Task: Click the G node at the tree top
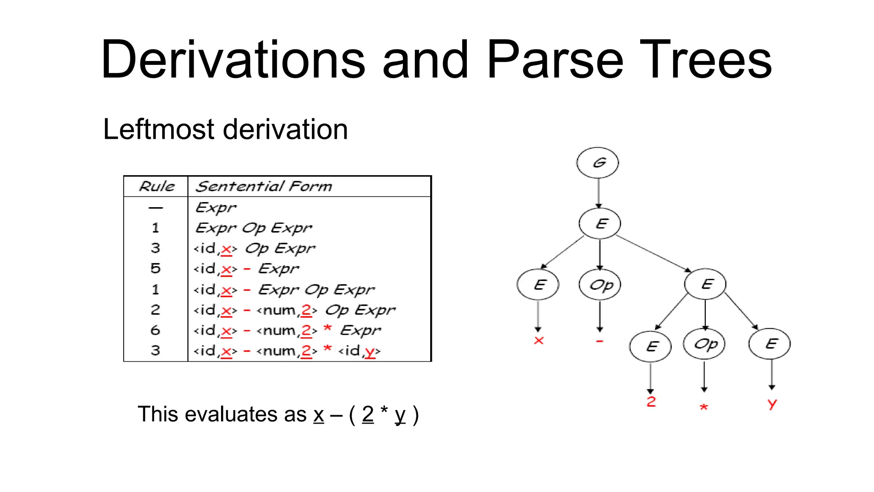point(597,163)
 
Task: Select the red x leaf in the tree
point(539,340)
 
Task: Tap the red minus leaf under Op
point(600,341)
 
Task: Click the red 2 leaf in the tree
point(651,401)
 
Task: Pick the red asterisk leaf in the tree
point(704,407)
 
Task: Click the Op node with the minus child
point(600,284)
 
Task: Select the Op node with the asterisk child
point(704,344)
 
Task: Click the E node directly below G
point(600,223)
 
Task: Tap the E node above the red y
point(769,344)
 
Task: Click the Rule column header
point(157,186)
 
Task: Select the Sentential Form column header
point(263,186)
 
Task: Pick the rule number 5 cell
point(155,269)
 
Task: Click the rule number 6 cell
point(155,330)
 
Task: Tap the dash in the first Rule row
point(155,208)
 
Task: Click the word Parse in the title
point(555,60)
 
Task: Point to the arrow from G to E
point(598,193)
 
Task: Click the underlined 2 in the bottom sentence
point(368,414)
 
